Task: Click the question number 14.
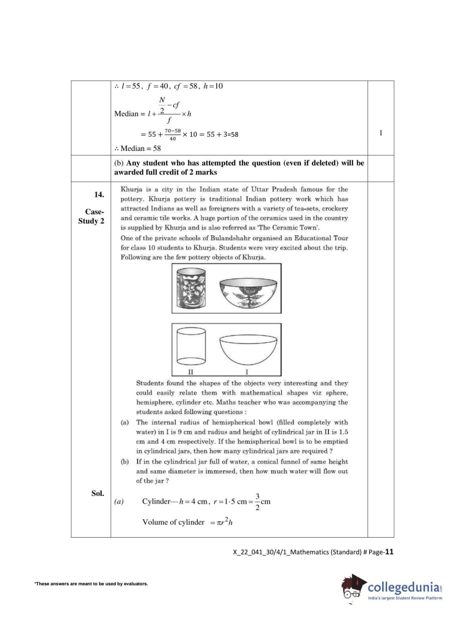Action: click(x=99, y=194)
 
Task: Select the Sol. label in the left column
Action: click(x=98, y=494)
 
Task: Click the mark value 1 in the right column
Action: click(x=381, y=133)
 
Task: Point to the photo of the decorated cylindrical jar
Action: click(x=191, y=289)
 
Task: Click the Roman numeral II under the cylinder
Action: click(x=191, y=372)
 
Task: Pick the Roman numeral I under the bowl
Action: click(x=247, y=372)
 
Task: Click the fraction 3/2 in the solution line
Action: click(x=257, y=502)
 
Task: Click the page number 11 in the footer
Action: click(x=389, y=552)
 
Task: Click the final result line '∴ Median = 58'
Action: click(x=138, y=149)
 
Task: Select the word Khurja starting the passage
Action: click(x=131, y=189)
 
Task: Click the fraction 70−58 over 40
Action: click(x=173, y=134)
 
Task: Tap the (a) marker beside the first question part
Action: click(x=125, y=422)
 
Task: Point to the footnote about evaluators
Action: click(x=91, y=584)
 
